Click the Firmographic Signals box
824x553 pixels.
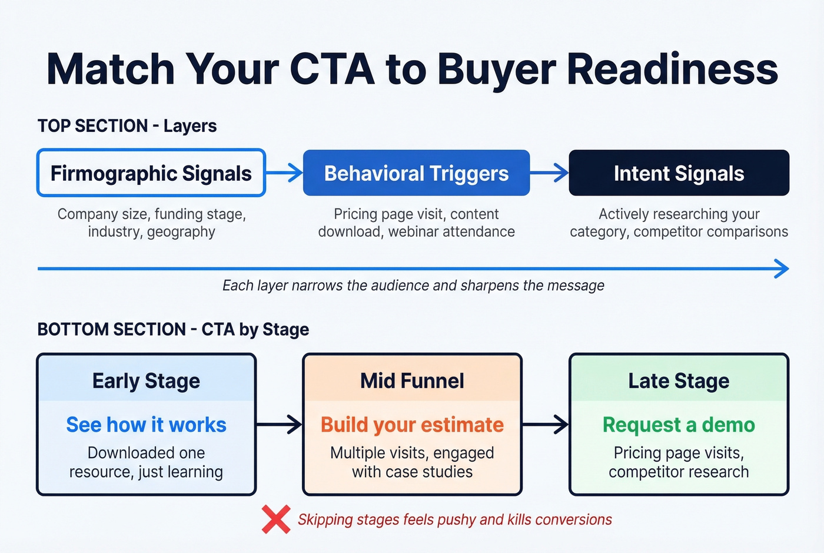click(x=151, y=173)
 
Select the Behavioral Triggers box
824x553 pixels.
click(x=416, y=173)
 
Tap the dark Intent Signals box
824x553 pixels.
click(x=679, y=173)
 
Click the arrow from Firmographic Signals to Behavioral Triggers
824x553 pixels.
click(x=284, y=173)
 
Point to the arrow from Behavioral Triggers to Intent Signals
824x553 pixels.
click(x=549, y=173)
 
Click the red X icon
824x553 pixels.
click(x=276, y=519)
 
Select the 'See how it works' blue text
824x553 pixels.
click(x=146, y=425)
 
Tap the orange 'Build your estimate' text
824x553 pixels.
click(x=412, y=425)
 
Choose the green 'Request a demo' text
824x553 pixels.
click(x=679, y=425)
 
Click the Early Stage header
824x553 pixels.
click(x=146, y=381)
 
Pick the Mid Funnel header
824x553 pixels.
click(x=412, y=381)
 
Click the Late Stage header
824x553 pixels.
click(x=679, y=381)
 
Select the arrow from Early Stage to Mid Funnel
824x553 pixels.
click(x=280, y=424)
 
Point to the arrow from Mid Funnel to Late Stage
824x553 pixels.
click(x=546, y=424)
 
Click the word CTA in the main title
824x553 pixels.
click(x=332, y=69)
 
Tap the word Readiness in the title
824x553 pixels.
click(x=672, y=69)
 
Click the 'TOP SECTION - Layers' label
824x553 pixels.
click(x=127, y=126)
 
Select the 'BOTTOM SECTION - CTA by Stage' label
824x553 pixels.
click(x=173, y=329)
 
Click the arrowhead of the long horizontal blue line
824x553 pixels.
click(x=782, y=269)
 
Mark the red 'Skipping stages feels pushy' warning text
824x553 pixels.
click(x=454, y=519)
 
